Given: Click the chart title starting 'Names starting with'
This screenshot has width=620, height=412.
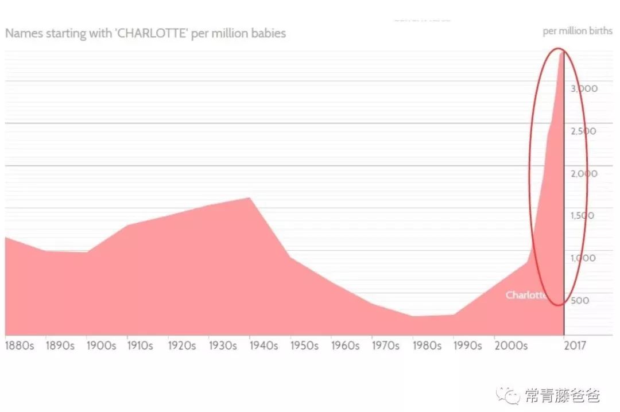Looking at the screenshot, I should tap(145, 33).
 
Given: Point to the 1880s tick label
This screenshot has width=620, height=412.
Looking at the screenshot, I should tap(19, 346).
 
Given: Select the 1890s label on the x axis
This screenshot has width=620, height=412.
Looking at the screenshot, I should tap(60, 346).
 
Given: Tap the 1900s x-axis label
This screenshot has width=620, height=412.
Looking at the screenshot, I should tap(101, 346).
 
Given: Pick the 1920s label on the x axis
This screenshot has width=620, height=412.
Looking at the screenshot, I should tap(182, 346).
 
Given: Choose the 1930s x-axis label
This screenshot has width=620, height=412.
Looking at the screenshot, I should tap(223, 346).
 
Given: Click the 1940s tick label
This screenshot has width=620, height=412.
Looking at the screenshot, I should tap(263, 346).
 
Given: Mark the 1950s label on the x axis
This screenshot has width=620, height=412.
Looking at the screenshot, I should tap(304, 346).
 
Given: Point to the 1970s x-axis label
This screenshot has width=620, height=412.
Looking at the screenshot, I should tap(386, 346).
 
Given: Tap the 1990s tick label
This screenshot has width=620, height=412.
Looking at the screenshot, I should tap(467, 346).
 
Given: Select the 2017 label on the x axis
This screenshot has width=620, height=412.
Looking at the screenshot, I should tap(574, 346).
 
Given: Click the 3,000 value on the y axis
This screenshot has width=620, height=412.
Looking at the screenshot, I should tap(584, 88).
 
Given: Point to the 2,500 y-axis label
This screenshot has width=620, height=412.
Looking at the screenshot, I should tap(583, 131).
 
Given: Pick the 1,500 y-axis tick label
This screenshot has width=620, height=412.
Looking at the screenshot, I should tap(582, 216).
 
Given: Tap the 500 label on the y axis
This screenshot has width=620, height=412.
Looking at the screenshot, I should tap(580, 300).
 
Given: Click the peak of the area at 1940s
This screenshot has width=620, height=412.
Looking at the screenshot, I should tap(250, 198).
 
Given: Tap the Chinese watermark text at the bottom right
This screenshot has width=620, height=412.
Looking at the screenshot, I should tap(561, 395).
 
